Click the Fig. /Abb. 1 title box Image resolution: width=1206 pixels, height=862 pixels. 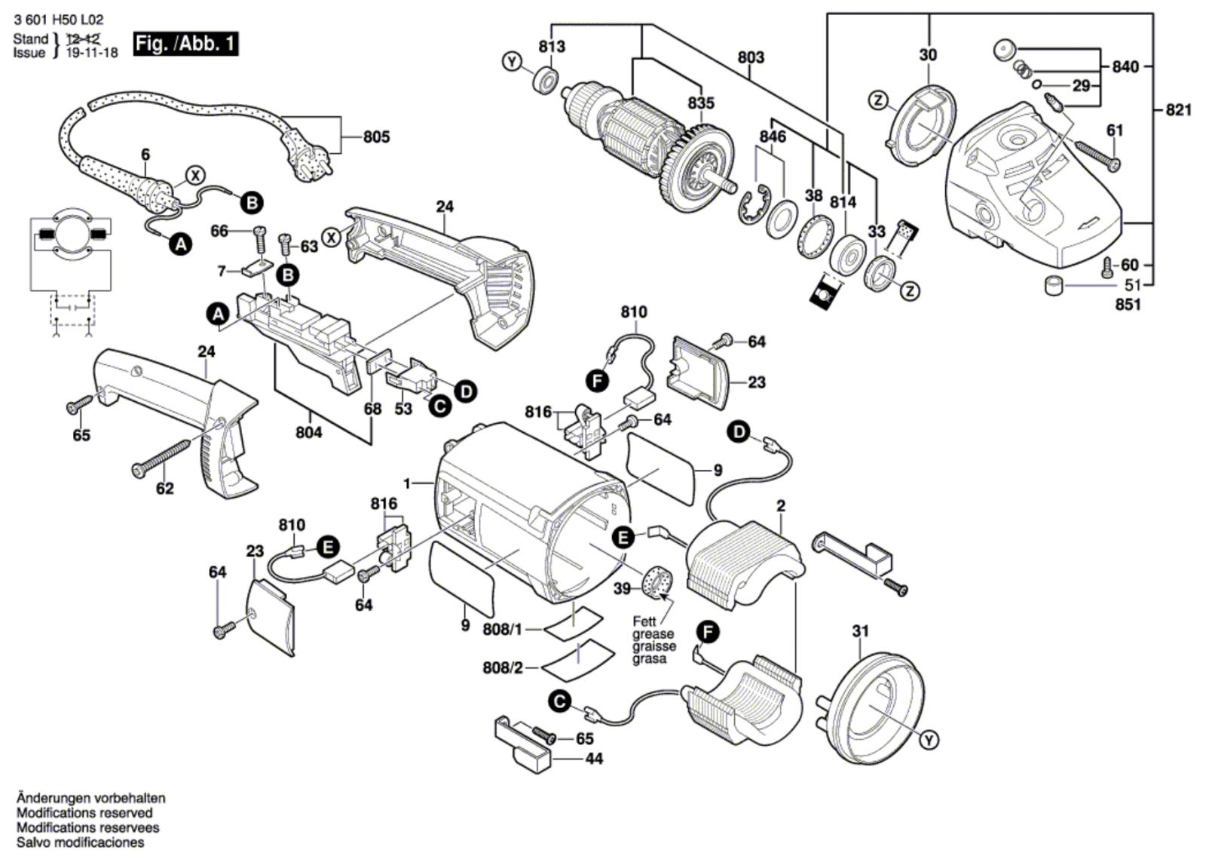point(185,44)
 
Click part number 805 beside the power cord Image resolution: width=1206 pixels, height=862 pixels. point(376,137)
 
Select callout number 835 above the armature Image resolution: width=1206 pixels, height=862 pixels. point(700,103)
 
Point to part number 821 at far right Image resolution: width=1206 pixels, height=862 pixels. point(1179,110)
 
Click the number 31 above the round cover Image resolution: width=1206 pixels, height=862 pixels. point(860,632)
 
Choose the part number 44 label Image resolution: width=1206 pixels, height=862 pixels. point(594,759)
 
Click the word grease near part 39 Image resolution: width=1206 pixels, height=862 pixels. point(653,634)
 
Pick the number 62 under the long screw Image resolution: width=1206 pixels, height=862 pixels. point(164,489)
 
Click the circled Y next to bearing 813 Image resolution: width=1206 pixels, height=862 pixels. point(513,62)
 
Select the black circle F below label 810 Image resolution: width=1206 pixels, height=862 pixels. point(598,382)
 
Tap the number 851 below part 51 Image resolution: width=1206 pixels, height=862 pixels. point(1128,305)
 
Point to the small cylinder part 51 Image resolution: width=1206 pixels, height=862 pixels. point(1054,286)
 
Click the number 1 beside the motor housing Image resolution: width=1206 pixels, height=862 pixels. point(408,483)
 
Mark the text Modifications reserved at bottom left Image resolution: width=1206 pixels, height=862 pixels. point(84,813)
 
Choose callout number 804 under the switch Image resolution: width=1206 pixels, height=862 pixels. point(309,432)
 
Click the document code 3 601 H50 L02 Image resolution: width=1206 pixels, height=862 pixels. point(58,20)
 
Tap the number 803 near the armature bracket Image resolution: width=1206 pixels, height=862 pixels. point(751,57)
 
